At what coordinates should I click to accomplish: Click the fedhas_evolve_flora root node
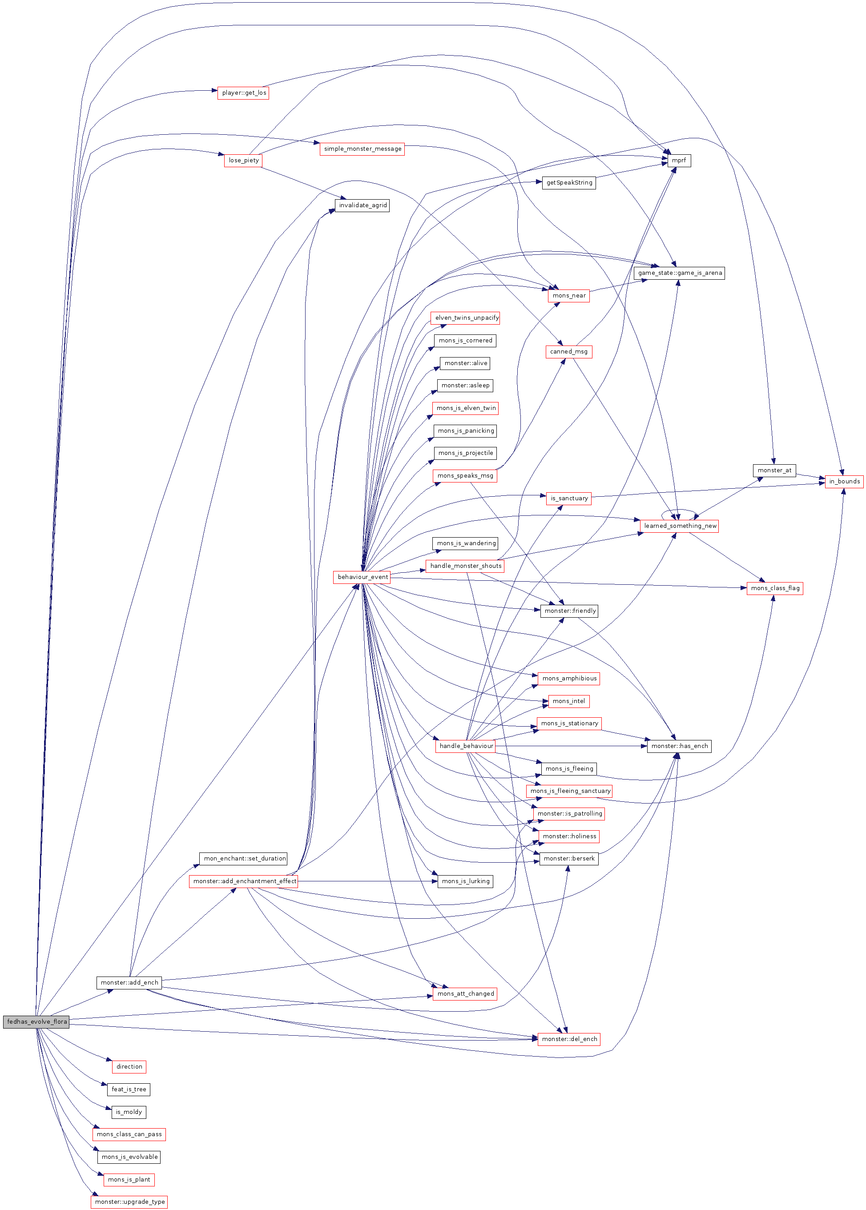point(36,1021)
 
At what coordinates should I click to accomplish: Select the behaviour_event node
point(362,577)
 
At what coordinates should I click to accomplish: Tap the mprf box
point(679,161)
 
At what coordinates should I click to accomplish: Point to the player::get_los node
point(243,93)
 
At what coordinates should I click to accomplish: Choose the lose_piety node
point(243,161)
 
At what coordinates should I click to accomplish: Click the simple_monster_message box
point(362,149)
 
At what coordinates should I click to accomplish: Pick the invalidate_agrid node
point(362,205)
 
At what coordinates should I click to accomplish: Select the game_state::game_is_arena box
point(679,273)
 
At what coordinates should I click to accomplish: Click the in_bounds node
point(844,481)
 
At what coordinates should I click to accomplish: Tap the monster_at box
point(774,470)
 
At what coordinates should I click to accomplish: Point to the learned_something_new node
point(679,526)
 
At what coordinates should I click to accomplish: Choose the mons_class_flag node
point(774,588)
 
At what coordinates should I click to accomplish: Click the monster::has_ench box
point(679,746)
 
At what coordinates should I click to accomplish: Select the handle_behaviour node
point(466,746)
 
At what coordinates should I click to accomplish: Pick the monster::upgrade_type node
point(129,1202)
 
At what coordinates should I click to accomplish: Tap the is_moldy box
point(129,1112)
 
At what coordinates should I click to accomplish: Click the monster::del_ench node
point(569,1039)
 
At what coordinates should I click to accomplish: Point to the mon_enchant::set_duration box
point(244,858)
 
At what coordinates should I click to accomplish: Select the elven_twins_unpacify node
point(466,318)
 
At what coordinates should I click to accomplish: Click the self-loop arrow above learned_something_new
point(679,511)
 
